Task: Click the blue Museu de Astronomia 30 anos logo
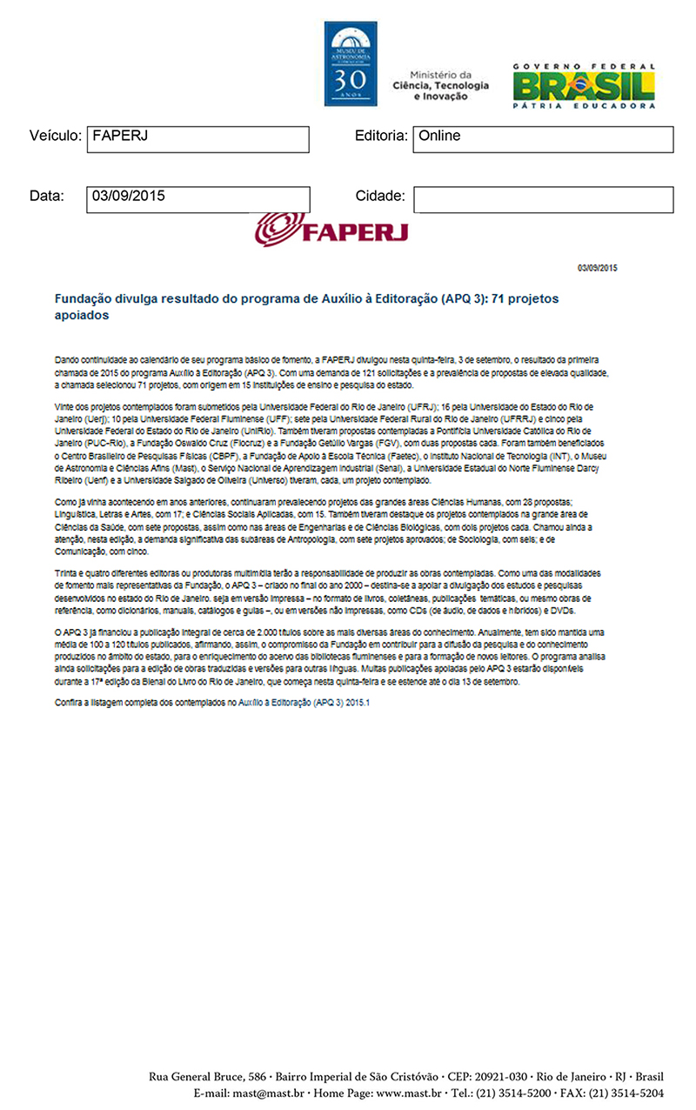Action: pyautogui.click(x=351, y=64)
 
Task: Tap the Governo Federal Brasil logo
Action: pyautogui.click(x=583, y=86)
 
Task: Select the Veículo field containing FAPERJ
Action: pyautogui.click(x=198, y=139)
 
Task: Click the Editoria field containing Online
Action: pyautogui.click(x=543, y=139)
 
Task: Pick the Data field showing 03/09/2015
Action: pyautogui.click(x=198, y=199)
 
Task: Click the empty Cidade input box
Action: pyautogui.click(x=543, y=199)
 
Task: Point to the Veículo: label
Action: pyautogui.click(x=55, y=137)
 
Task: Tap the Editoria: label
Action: pyautogui.click(x=381, y=137)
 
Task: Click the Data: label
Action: pyautogui.click(x=47, y=197)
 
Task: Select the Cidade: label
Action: pyautogui.click(x=380, y=197)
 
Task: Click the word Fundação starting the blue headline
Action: pyautogui.click(x=85, y=299)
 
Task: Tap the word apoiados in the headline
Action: pyautogui.click(x=82, y=316)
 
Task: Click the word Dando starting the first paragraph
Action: pyautogui.click(x=66, y=358)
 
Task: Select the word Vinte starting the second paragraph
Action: pyautogui.click(x=65, y=407)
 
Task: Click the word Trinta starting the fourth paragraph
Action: pyautogui.click(x=67, y=574)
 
